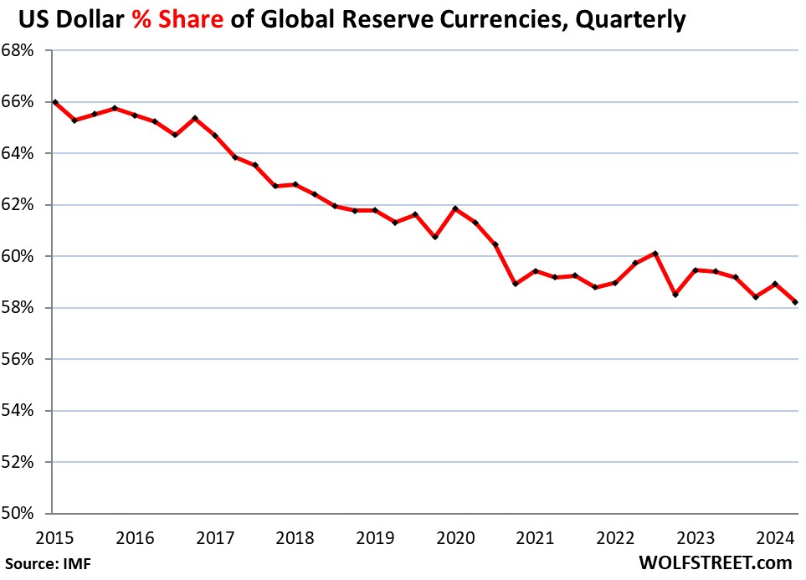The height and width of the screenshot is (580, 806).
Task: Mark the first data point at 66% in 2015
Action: pos(55,102)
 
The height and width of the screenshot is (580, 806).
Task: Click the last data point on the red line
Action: pos(794,302)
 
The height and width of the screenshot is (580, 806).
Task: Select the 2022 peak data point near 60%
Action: pos(655,254)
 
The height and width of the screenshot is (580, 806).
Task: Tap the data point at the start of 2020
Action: pos(454,208)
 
